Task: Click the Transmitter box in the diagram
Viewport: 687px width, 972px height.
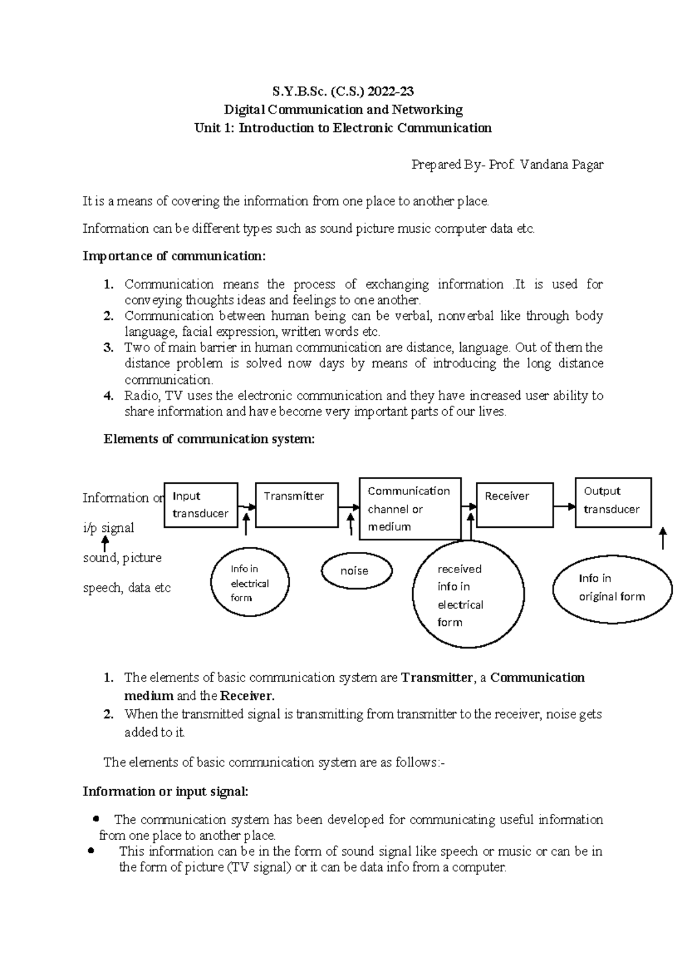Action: [297, 505]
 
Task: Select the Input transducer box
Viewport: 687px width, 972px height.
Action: [201, 505]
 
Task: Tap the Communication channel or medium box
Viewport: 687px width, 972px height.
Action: [410, 509]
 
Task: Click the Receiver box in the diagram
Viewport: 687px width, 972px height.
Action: [515, 505]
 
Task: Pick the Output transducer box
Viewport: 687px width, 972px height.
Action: [613, 502]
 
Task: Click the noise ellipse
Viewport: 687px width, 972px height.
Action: [357, 571]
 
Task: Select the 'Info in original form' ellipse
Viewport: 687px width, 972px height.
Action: [612, 588]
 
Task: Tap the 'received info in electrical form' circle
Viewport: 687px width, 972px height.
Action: [468, 595]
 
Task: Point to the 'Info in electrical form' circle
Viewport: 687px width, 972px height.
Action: [250, 583]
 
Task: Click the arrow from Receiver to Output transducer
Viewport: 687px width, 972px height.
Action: [564, 506]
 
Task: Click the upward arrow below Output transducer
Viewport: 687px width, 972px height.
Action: [663, 539]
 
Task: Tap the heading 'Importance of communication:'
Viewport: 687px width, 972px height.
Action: [175, 256]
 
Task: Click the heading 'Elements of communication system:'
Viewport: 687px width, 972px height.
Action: [209, 439]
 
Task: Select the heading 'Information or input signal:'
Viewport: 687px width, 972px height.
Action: [166, 791]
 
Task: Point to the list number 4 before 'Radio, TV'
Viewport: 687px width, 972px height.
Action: [108, 396]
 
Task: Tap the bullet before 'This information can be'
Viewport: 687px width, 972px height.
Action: [90, 851]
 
